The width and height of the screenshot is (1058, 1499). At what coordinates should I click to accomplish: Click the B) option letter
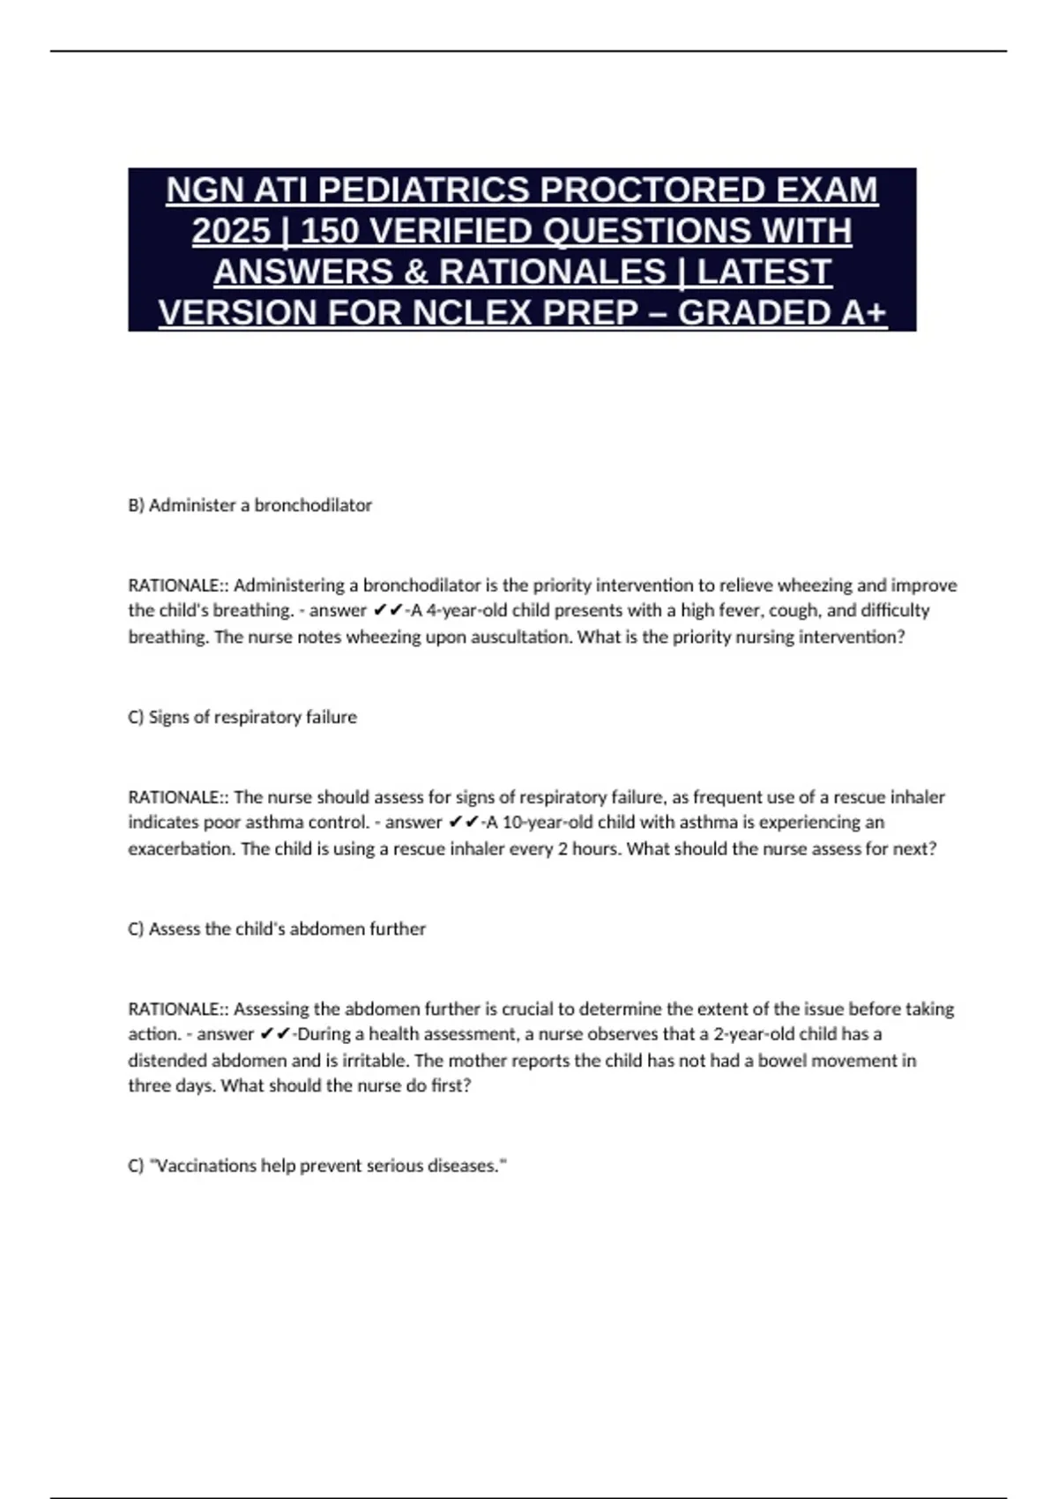pos(136,505)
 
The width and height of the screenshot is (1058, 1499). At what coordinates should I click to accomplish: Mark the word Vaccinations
pos(205,1166)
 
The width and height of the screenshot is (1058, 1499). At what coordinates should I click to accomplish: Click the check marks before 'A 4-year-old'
pos(386,610)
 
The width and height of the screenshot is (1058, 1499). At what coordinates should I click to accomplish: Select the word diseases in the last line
pos(466,1166)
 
